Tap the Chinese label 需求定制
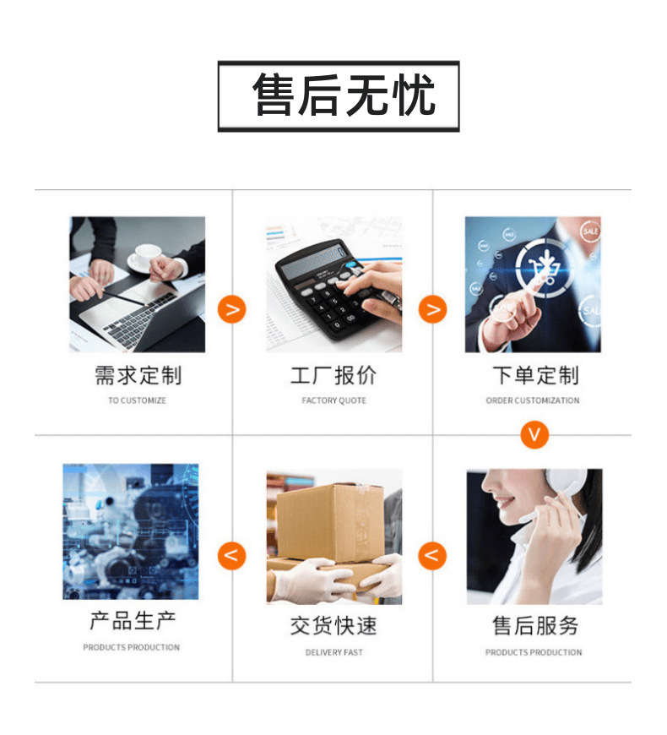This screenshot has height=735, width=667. (x=138, y=376)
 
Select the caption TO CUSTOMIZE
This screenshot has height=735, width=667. (x=137, y=400)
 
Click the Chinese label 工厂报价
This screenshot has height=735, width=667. (x=333, y=376)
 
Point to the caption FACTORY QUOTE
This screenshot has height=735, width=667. (x=333, y=400)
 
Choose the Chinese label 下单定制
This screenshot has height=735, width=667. (x=535, y=376)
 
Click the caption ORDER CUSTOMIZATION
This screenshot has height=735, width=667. (x=533, y=400)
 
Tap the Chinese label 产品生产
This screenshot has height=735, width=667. (x=133, y=622)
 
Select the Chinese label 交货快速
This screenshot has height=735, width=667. (x=333, y=626)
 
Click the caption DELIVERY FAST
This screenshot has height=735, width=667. (x=333, y=652)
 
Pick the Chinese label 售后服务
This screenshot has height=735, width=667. (x=535, y=626)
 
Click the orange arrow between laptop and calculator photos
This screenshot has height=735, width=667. (x=231, y=309)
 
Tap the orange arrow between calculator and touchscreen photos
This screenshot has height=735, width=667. (x=433, y=309)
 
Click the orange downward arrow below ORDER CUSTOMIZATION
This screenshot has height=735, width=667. (x=534, y=435)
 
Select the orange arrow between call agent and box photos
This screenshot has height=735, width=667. (x=432, y=555)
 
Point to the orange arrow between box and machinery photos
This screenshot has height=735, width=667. (x=231, y=555)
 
